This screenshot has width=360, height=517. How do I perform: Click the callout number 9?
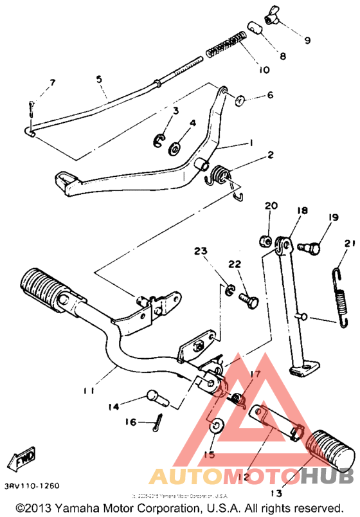click(x=307, y=41)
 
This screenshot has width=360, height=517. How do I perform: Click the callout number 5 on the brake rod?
click(x=99, y=79)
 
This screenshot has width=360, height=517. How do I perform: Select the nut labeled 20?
click(x=264, y=241)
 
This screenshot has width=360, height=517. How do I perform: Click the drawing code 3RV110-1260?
click(x=31, y=484)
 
